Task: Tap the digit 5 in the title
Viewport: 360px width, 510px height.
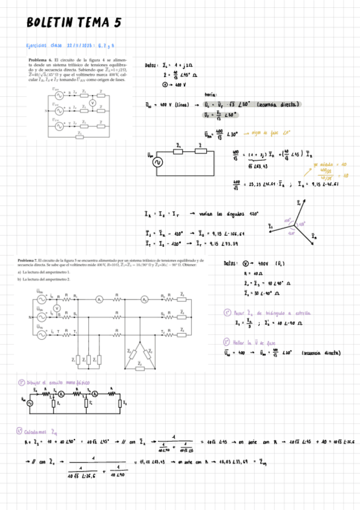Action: coord(118,23)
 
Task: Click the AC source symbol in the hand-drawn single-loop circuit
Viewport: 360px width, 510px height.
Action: coord(159,161)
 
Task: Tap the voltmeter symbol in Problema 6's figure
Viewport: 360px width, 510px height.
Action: coord(92,103)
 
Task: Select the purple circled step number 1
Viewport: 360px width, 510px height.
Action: coord(227,312)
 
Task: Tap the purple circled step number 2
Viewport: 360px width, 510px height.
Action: coord(227,340)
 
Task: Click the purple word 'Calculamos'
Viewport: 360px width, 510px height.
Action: coord(38,431)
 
